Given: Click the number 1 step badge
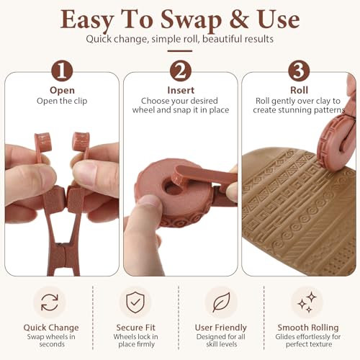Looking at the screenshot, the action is [62, 71].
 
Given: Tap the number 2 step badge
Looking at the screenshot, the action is [181, 71].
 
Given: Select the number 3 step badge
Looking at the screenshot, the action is [299, 71].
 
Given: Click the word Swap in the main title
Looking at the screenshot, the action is [191, 20].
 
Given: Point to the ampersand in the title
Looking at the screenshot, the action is [239, 19].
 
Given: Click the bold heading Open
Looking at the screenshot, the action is [62, 91].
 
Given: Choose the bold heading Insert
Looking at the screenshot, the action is [181, 90].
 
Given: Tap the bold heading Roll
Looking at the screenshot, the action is [299, 90].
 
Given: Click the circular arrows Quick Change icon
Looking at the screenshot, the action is [50, 302].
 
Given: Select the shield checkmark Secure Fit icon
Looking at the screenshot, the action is [135, 302].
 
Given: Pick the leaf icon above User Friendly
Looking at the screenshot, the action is [221, 302].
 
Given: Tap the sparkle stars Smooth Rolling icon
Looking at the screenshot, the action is [307, 302].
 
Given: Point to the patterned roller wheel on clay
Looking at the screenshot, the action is [336, 143].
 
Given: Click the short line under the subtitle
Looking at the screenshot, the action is [180, 51].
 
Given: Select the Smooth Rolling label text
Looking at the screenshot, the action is [308, 328].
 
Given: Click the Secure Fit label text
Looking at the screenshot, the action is [136, 328].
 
